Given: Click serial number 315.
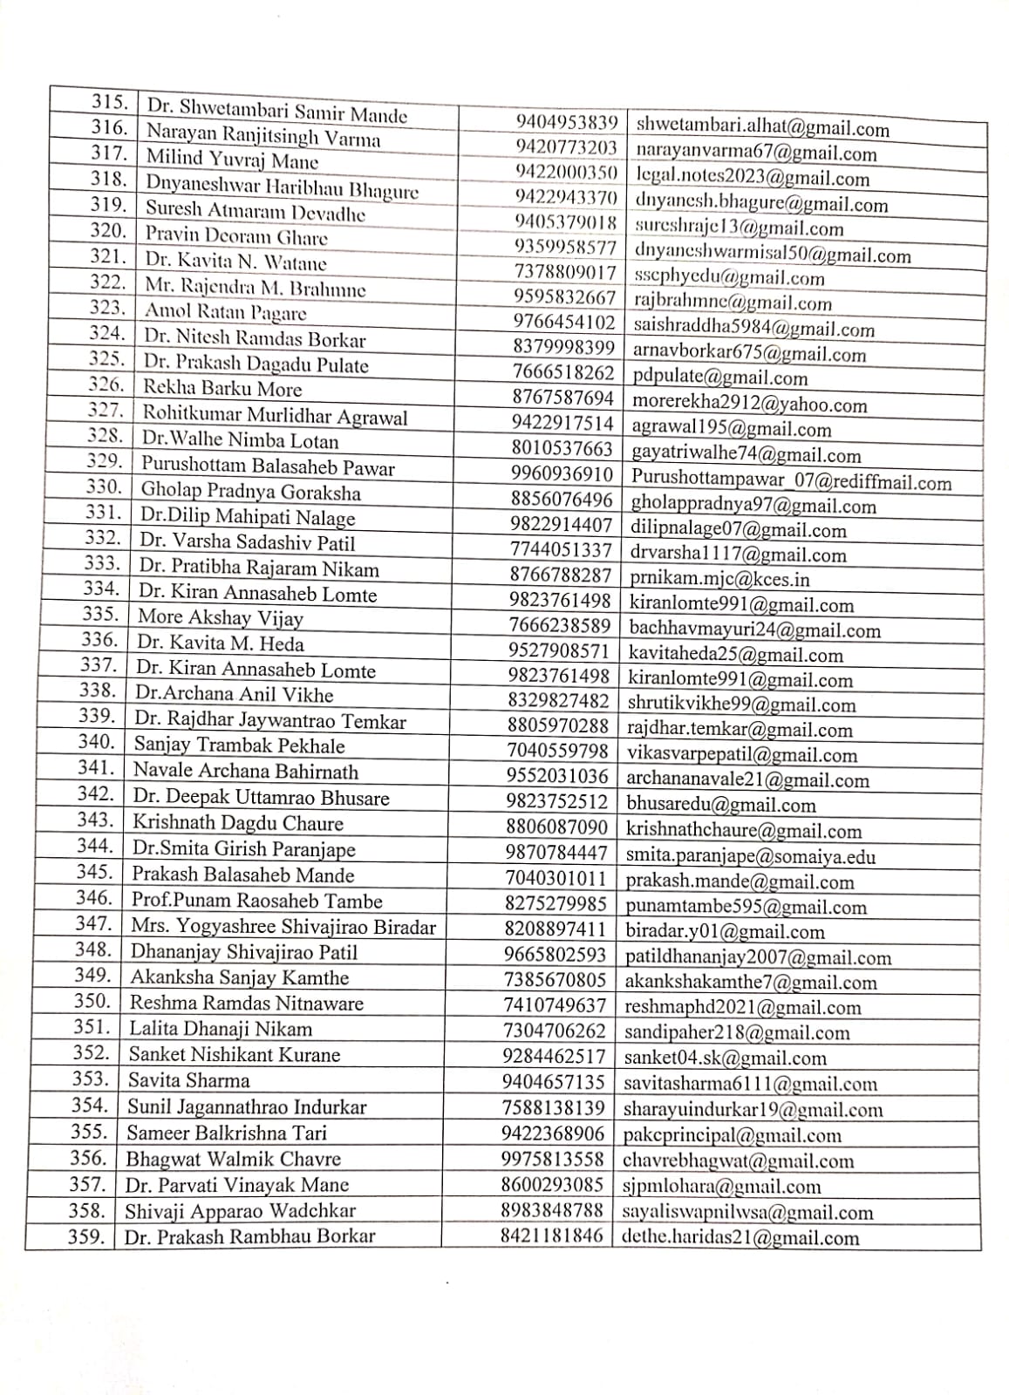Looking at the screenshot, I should coord(110,101).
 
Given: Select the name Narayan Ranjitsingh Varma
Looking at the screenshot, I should coord(262,136).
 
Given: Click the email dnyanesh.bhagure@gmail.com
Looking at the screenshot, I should coord(761,204).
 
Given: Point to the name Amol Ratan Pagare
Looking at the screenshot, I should coord(225,312).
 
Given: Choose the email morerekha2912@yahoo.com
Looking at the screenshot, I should coord(749,404).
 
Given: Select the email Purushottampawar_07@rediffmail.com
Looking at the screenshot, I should coord(791,481).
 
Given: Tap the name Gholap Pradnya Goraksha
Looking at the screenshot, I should coord(250,492).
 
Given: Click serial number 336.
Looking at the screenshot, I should coord(99,640).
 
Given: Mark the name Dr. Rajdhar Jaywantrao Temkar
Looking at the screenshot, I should coord(269,720).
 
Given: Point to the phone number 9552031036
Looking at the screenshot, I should coord(556,775).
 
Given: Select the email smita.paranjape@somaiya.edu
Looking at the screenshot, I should coord(750,856).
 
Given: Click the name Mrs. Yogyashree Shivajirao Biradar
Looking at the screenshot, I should coord(283,927).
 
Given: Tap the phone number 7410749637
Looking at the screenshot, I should coord(554,1005).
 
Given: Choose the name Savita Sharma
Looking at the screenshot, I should coord(188,1080).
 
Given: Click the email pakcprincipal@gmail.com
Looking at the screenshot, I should coord(732,1135).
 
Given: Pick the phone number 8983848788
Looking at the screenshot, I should coord(551,1211).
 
